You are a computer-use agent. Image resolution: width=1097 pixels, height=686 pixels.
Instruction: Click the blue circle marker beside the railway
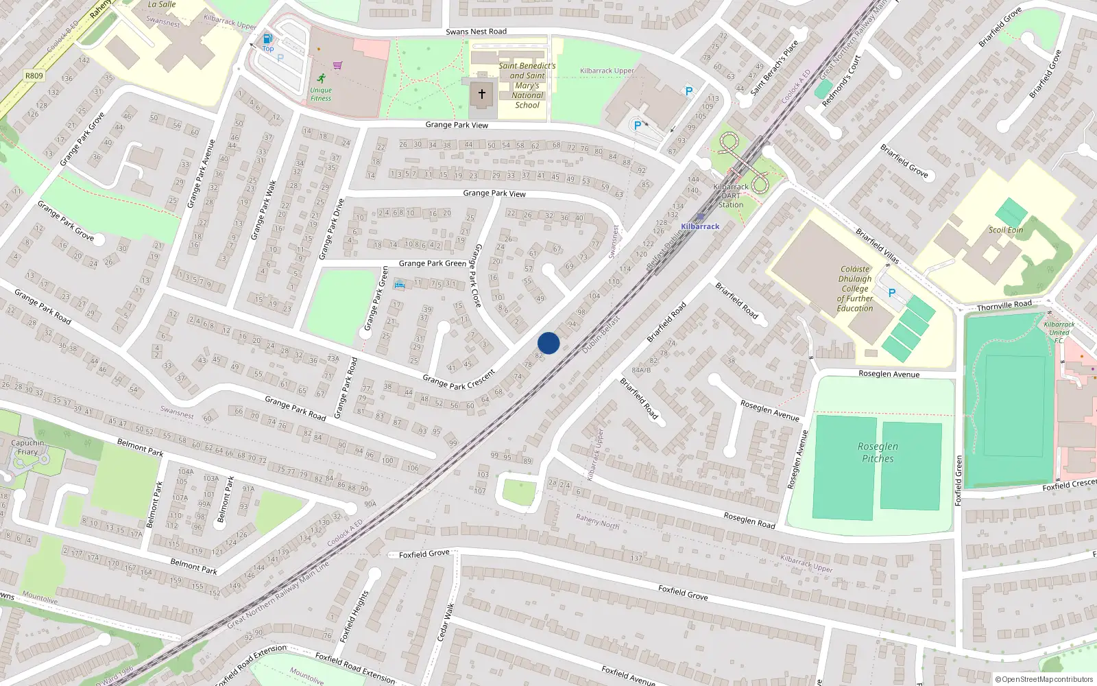pos(548,343)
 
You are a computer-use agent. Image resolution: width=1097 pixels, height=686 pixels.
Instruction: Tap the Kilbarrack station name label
pos(700,226)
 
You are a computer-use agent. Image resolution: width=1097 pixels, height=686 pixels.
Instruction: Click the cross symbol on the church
pos(482,94)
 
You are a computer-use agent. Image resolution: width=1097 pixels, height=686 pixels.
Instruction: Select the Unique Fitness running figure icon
pos(322,78)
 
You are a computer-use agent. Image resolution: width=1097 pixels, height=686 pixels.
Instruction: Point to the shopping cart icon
pos(337,66)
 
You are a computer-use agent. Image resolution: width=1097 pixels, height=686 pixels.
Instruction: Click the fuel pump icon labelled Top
pos(267,39)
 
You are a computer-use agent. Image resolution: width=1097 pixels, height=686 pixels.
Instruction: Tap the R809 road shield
pos(34,76)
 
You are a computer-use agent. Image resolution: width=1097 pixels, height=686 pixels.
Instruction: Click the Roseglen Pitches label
pos(878,452)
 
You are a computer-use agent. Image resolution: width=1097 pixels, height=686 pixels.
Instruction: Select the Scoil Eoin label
pos(1005,230)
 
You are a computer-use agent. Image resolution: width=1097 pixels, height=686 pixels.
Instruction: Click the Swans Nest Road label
pos(476,32)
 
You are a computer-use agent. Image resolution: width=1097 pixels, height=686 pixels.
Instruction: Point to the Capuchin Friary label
pos(27,447)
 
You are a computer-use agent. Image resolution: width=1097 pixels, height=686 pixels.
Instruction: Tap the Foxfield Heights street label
pos(354,616)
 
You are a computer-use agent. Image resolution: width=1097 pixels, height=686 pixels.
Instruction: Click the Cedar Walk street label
pos(446,622)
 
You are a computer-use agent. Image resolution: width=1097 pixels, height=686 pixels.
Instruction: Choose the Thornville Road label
pos(1004,305)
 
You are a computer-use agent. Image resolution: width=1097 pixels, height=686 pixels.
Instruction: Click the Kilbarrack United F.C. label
pos(1059,332)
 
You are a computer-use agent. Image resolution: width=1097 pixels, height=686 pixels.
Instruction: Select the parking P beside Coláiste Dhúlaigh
pos(892,293)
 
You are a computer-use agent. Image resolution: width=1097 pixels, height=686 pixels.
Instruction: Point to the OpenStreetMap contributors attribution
pos(1044,679)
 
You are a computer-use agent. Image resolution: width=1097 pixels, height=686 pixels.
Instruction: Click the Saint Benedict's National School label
pos(527,85)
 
